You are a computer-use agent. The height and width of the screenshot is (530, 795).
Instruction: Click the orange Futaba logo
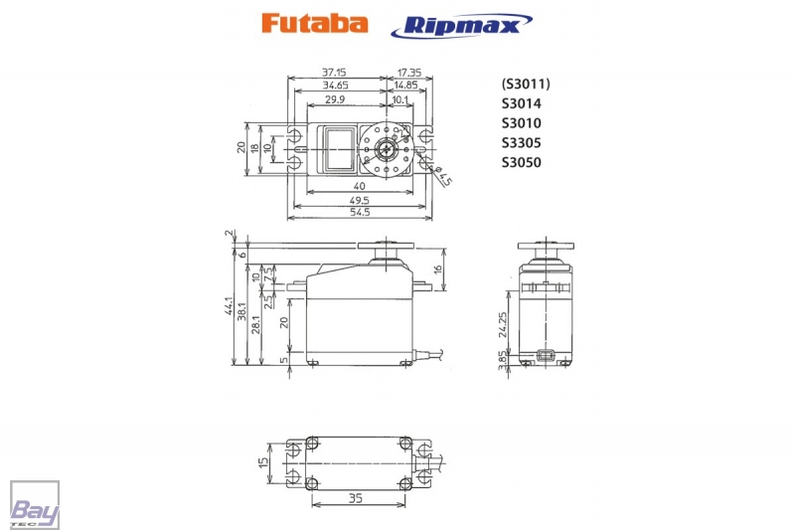[x=314, y=24]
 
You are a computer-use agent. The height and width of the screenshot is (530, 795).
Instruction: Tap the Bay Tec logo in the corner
[x=35, y=505]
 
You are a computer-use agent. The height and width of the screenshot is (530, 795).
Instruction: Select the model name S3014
[x=521, y=103]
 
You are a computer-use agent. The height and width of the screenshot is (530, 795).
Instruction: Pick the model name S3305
[x=521, y=142]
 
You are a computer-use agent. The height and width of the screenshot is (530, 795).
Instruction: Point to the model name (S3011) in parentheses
[x=526, y=84]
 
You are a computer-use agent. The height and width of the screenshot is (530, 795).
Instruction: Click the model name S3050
[x=521, y=162]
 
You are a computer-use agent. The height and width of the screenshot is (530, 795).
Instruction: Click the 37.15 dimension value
[x=334, y=73]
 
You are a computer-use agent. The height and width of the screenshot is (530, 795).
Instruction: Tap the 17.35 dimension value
[x=408, y=73]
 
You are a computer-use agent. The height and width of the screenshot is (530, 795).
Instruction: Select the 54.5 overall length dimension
[x=360, y=212]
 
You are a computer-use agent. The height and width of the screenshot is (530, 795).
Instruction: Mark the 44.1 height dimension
[x=229, y=308]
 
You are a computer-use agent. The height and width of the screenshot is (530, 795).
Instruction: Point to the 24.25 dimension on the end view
[x=504, y=325]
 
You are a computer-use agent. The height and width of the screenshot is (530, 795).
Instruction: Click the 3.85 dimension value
[x=503, y=360]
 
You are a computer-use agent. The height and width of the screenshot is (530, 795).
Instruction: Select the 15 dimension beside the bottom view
[x=263, y=463]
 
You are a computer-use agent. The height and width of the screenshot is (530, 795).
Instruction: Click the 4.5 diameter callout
[x=445, y=176]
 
